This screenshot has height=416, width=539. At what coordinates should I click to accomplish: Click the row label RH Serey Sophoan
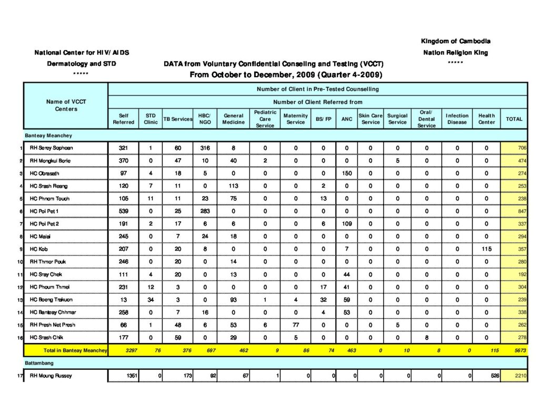tap(51, 148)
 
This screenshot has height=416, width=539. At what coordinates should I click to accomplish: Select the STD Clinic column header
tap(151, 119)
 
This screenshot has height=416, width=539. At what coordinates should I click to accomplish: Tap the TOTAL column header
tap(514, 119)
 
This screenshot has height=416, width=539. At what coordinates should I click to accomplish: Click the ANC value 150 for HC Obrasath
tap(347, 173)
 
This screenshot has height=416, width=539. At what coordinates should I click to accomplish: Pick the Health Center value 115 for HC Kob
tap(486, 249)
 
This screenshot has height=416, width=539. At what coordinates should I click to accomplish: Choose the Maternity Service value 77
tap(295, 324)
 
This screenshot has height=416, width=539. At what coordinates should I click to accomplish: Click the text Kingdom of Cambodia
tap(456, 41)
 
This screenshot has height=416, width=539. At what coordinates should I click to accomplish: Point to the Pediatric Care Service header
tap(265, 119)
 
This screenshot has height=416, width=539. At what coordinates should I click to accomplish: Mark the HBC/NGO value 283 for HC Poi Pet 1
tap(205, 211)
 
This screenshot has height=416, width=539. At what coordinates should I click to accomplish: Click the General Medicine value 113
tap(233, 186)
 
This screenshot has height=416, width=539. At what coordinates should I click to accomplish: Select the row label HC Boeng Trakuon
tap(52, 299)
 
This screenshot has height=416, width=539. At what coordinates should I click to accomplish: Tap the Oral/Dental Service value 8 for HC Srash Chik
tap(426, 337)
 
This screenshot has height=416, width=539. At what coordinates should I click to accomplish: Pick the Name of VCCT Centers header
tap(66, 105)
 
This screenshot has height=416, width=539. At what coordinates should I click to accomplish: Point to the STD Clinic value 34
tap(151, 299)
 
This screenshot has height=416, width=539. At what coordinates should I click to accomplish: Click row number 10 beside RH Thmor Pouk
tap(19, 261)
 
